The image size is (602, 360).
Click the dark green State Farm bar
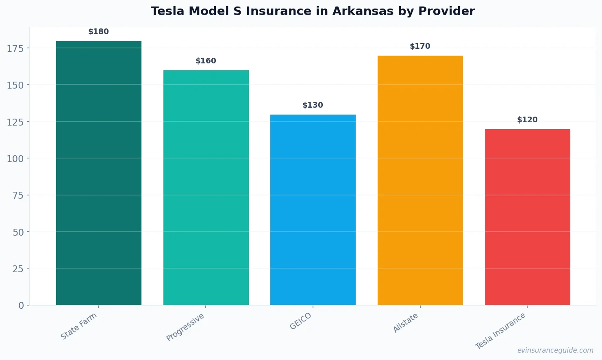tap(99, 173)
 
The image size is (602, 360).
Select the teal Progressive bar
tap(206, 187)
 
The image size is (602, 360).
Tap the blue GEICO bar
tap(313, 209)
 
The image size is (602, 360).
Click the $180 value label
tap(99, 32)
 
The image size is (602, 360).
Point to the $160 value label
tap(206, 61)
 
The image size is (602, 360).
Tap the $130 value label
tap(313, 105)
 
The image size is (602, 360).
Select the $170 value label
tap(420, 46)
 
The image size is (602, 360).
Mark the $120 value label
tap(527, 120)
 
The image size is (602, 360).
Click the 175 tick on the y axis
tap(15, 48)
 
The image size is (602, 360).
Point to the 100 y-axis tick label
tap(15, 158)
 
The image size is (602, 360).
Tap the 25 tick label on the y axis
tap(18, 269)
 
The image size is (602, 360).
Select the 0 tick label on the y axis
tap(21, 306)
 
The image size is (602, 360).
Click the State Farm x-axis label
tap(79, 326)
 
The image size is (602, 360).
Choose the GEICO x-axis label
tap(301, 321)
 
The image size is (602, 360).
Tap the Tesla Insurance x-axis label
tap(500, 331)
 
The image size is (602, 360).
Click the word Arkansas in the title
tap(363, 11)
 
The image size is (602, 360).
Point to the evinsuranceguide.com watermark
tap(555, 350)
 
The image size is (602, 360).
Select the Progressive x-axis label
tap(185, 327)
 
